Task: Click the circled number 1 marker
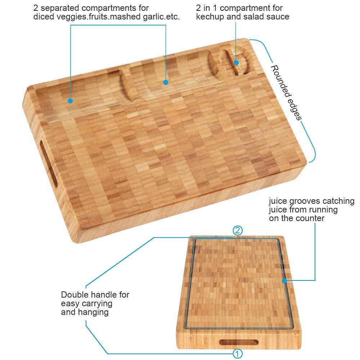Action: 237,354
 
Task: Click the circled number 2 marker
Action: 237,230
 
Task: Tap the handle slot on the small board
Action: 239,342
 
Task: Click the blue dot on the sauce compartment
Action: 236,62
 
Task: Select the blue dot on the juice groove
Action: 284,280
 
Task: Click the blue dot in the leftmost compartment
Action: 70,100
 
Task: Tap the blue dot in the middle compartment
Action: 166,82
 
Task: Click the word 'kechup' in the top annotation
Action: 210,17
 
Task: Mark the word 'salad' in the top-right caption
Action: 252,17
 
